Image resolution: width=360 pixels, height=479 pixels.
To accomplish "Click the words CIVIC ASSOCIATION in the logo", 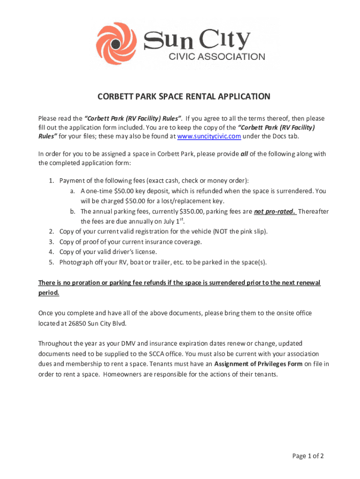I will click(x=216, y=57).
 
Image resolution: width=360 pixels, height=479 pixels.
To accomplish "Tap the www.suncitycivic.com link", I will click(x=209, y=136).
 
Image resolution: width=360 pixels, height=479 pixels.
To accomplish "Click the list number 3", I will click(x=51, y=242).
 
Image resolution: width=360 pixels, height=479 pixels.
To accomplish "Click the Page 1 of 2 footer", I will click(x=308, y=457).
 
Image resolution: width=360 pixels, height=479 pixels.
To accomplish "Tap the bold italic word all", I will click(x=244, y=154).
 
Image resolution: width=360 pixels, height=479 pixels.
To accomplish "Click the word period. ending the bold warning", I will click(x=49, y=293).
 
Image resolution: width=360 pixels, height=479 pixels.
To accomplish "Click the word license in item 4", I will click(x=144, y=252).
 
